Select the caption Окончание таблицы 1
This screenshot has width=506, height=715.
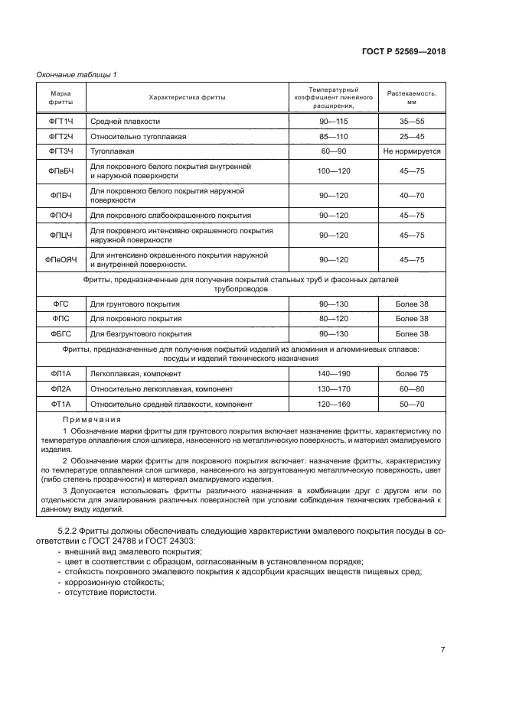click(77, 74)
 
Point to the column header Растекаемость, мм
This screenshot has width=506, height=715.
click(412, 97)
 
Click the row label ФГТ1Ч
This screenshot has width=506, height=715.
click(60, 122)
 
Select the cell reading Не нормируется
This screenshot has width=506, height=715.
click(412, 151)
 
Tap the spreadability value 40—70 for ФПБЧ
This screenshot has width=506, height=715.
click(412, 195)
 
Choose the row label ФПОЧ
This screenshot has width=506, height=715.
click(60, 215)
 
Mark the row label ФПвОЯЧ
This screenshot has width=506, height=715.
click(60, 259)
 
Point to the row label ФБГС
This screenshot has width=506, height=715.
click(60, 333)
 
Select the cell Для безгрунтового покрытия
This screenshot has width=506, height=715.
click(141, 333)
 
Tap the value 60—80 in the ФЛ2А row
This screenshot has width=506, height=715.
click(412, 388)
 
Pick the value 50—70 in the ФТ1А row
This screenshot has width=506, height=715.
click(412, 404)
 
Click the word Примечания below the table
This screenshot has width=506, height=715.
click(93, 420)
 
